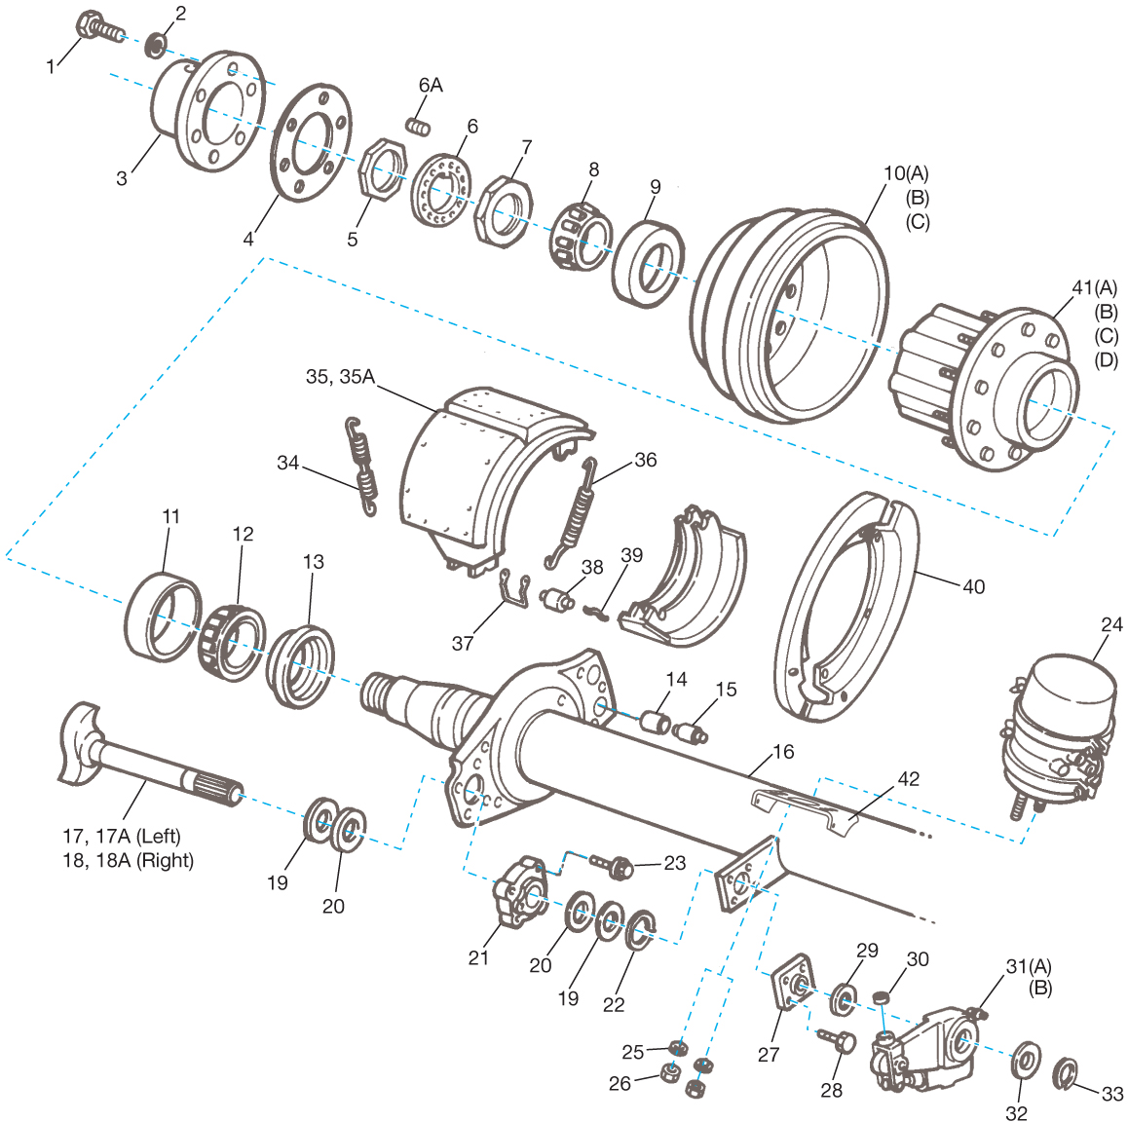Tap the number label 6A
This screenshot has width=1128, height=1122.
click(431, 86)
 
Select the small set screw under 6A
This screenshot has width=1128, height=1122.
click(418, 126)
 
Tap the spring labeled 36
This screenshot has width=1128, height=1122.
click(574, 512)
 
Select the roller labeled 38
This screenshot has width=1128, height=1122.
click(556, 598)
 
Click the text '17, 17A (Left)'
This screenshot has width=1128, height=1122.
click(122, 836)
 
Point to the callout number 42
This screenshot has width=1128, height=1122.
click(908, 779)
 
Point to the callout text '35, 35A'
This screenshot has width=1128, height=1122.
click(340, 377)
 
